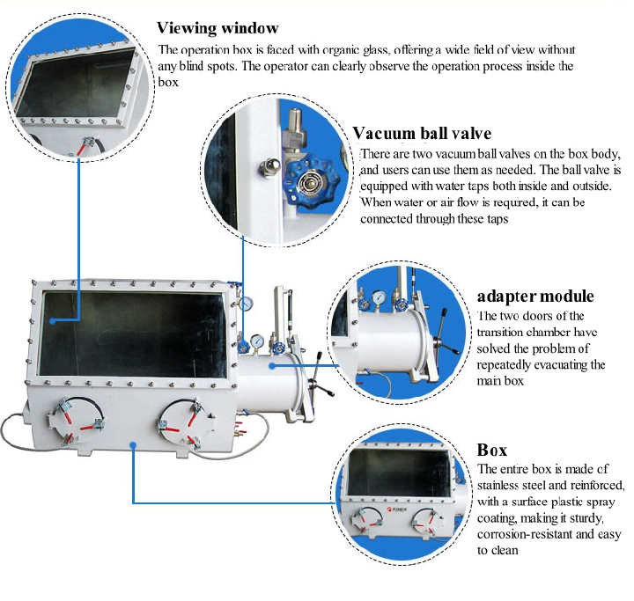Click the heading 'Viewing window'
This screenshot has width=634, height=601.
pos(217,28)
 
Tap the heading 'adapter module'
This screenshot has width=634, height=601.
pos(535,296)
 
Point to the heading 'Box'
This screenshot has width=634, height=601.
pos(492,450)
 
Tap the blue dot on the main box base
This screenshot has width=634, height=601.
pos(132,446)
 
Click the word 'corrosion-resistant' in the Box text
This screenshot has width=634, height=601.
pos(519,533)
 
